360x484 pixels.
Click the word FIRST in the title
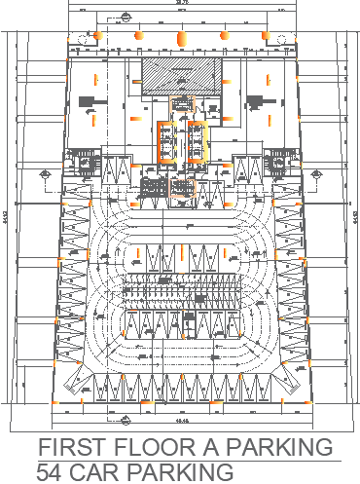(x=72, y=448)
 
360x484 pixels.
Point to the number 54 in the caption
(x=53, y=471)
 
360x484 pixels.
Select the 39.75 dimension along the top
(x=180, y=5)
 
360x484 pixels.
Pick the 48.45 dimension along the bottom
(x=180, y=422)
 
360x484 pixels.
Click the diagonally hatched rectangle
(x=169, y=77)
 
